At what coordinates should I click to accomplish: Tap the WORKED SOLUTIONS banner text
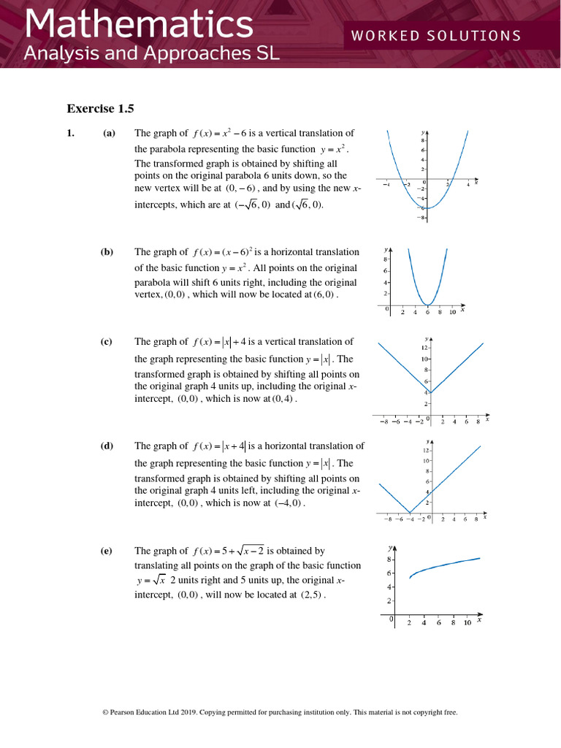click(x=436, y=36)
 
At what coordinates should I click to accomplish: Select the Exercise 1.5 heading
click(x=101, y=109)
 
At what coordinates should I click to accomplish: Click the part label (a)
click(x=108, y=133)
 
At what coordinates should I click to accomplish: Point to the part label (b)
click(x=107, y=252)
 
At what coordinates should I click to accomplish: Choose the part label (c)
click(x=107, y=341)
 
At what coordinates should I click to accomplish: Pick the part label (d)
click(x=107, y=446)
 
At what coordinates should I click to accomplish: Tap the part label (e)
click(x=107, y=551)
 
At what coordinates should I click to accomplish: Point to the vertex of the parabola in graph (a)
click(x=428, y=209)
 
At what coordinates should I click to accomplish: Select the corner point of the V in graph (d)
click(x=409, y=512)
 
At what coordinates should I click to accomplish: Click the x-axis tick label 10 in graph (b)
click(x=452, y=313)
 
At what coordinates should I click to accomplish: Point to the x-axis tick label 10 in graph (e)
click(x=467, y=623)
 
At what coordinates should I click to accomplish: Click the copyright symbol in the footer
click(x=105, y=712)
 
